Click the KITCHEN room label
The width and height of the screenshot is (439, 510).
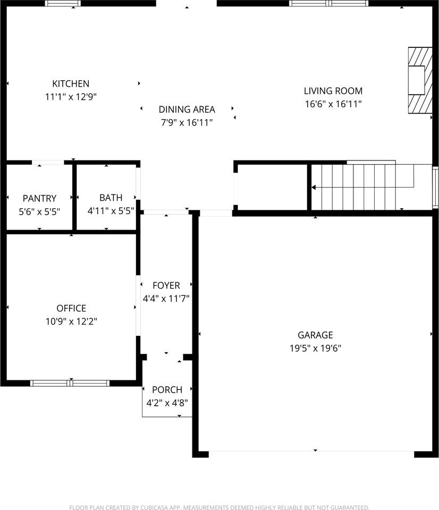(71, 83)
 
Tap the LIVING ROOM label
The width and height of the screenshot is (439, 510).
(333, 91)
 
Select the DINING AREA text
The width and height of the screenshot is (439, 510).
(187, 109)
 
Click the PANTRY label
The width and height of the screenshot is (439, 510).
(39, 198)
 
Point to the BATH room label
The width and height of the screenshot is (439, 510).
(111, 198)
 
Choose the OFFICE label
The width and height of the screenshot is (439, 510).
(71, 308)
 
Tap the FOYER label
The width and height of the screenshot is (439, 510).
(166, 285)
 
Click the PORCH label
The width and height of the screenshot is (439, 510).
(167, 389)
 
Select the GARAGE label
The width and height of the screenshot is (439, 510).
(315, 335)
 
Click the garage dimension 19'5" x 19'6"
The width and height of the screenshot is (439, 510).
(315, 348)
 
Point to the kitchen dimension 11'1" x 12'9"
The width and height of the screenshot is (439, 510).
(71, 97)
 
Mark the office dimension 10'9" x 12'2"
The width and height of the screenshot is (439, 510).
(71, 321)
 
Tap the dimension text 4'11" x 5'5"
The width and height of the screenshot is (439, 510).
(111, 211)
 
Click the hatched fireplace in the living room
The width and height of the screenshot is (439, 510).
(420, 80)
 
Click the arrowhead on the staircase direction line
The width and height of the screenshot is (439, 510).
(314, 188)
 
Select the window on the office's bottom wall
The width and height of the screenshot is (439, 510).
(70, 383)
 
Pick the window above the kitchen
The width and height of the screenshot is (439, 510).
(63, 3)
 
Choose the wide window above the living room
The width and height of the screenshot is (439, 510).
(328, 3)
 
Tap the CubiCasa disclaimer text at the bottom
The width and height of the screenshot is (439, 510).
(219, 507)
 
